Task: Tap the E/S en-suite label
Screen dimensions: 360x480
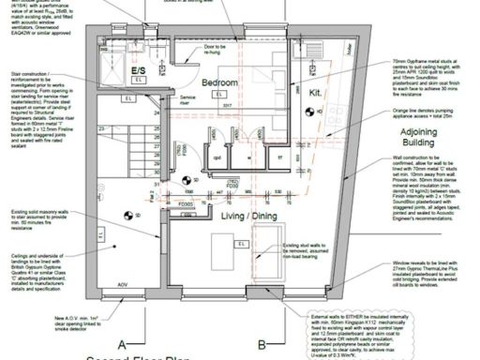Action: [138, 70]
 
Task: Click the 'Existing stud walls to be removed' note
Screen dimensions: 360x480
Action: [304, 251]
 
